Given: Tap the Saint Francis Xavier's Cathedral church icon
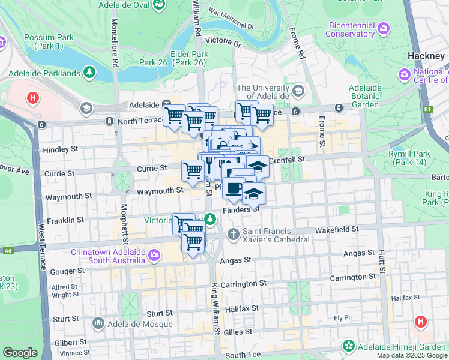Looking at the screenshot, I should click(234, 233).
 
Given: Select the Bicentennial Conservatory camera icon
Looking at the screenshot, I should click(383, 28).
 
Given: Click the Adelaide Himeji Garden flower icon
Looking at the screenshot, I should click(348, 346).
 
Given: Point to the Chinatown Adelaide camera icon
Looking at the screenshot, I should click(154, 256).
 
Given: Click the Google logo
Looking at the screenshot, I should click(20, 353).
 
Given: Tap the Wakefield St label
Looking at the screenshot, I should click(338, 229).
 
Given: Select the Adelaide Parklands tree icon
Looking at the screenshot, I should click(89, 73).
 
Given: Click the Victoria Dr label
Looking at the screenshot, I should click(222, 41).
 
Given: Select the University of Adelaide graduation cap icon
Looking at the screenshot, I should click(298, 91).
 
